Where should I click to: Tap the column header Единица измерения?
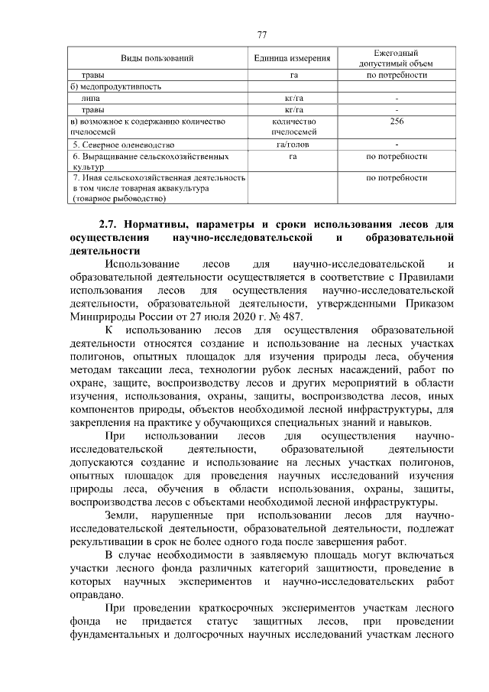point(293,58)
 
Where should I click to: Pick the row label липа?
point(90,99)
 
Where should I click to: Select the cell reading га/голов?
point(293,144)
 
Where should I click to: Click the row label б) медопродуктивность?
point(115,87)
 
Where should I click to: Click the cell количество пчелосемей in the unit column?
point(293,127)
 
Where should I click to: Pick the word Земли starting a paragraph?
point(122,516)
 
